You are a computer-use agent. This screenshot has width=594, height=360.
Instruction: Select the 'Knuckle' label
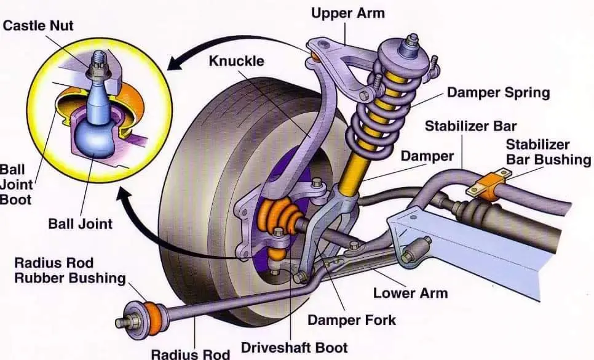pyautogui.click(x=236, y=61)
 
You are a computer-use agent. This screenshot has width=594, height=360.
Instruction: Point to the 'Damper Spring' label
pyautogui.click(x=498, y=92)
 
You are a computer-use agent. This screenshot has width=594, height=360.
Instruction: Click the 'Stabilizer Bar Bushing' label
pyautogui.click(x=548, y=152)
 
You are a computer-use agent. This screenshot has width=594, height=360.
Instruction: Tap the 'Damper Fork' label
pyautogui.click(x=352, y=320)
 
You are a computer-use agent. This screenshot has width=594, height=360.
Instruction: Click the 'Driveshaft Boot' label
pyautogui.click(x=294, y=348)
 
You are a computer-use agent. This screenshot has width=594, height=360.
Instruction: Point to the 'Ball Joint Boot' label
pyautogui.click(x=17, y=184)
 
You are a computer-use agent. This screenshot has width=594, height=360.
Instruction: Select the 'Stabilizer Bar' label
pyautogui.click(x=470, y=126)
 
